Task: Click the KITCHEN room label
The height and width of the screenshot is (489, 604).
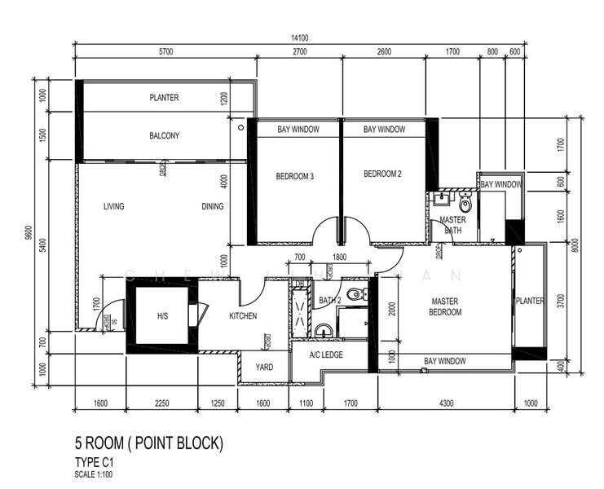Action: point(243,315)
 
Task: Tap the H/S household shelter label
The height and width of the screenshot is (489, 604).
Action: point(161,316)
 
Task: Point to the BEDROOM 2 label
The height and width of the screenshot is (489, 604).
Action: point(382,174)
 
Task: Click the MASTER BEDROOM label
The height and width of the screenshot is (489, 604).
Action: point(445,306)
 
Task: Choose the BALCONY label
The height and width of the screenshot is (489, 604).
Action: point(164,135)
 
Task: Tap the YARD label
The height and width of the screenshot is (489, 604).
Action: point(264,367)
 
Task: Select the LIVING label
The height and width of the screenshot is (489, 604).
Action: point(113,206)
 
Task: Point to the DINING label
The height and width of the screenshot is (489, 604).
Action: point(212,206)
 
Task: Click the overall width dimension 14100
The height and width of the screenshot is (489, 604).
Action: point(299,37)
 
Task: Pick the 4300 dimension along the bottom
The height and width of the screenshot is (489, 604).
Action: point(445,402)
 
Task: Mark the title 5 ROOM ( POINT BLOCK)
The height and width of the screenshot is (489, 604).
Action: point(148,444)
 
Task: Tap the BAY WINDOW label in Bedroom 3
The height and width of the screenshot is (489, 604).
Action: point(298,130)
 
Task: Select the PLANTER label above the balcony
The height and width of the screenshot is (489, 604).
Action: point(164,98)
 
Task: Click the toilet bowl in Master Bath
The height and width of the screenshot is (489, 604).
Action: point(465,204)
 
